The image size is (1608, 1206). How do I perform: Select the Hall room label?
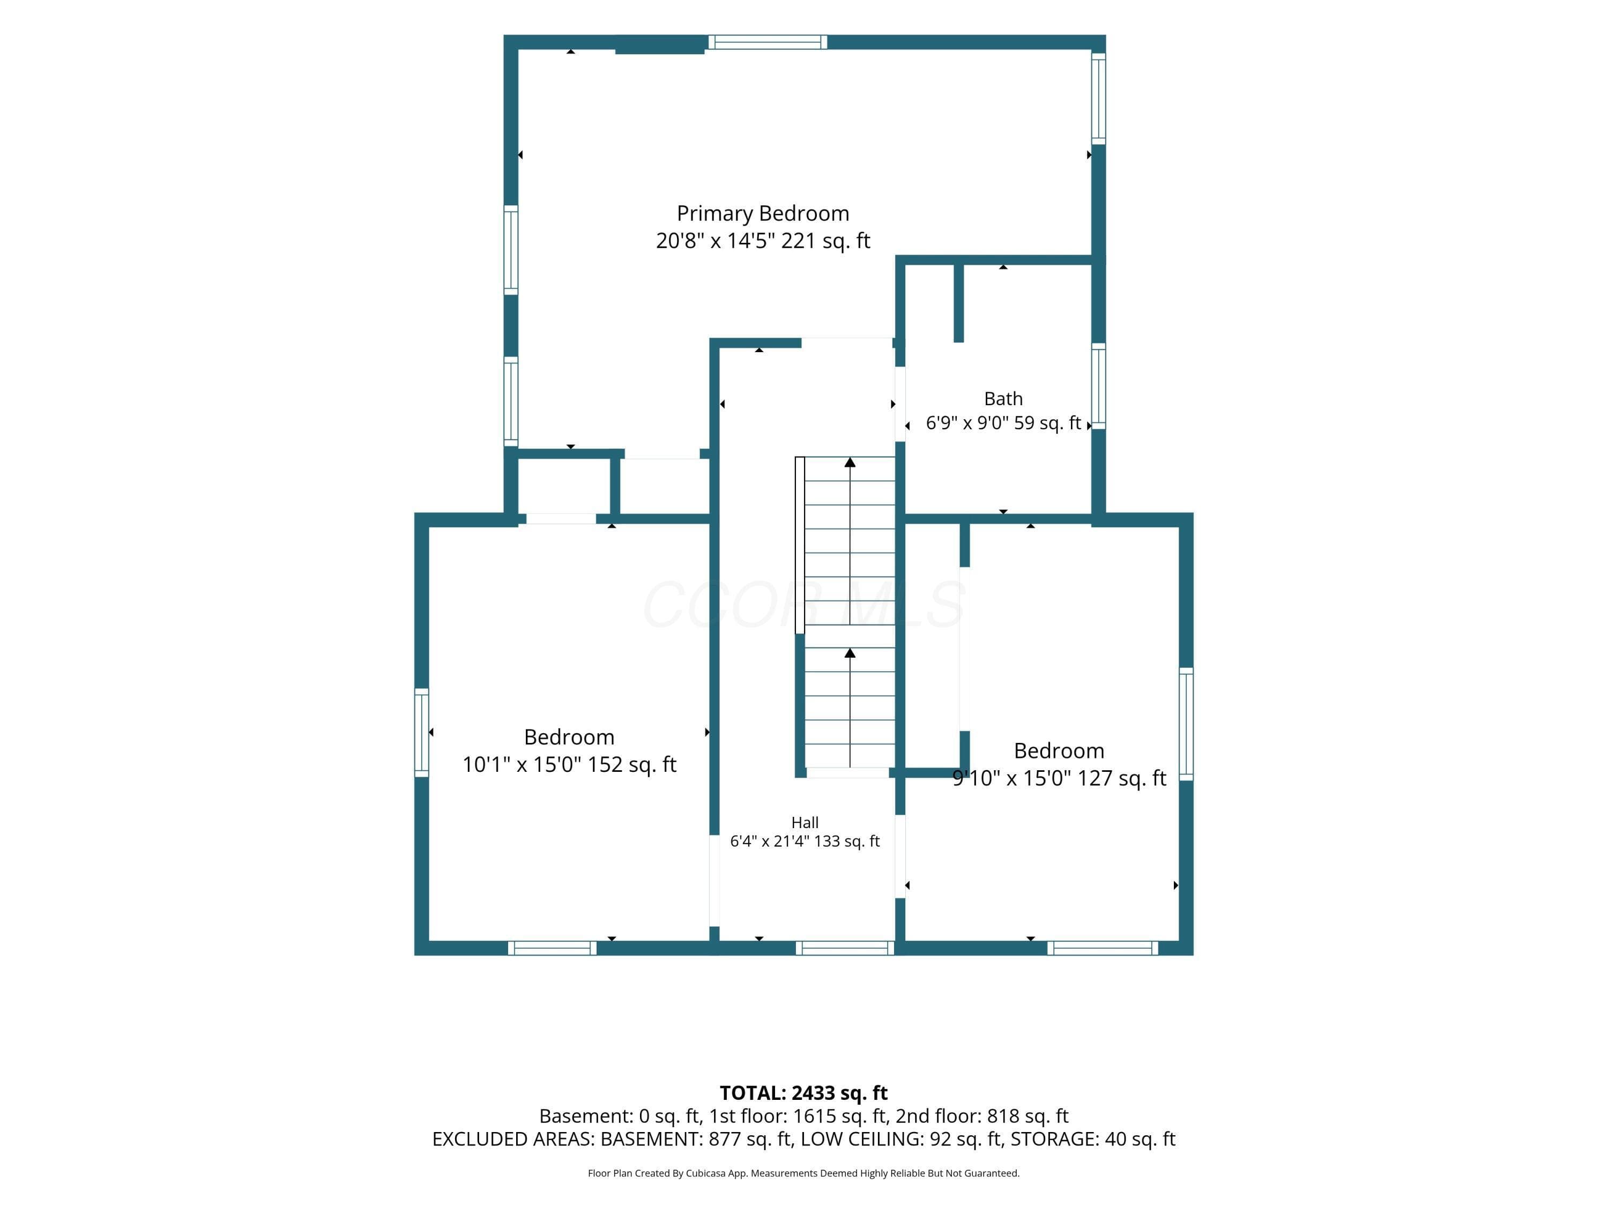[805, 822]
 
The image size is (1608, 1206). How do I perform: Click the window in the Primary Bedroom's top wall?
[768, 42]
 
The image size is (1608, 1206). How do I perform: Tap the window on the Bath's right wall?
[1098, 386]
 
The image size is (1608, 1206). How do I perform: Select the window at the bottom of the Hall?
[845, 948]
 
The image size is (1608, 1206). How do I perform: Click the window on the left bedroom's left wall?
[422, 733]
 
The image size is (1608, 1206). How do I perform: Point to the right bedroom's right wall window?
[1186, 724]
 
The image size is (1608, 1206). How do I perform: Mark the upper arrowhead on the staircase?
[850, 461]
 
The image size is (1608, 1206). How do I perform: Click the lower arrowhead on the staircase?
[850, 653]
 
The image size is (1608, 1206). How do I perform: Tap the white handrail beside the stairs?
[800, 545]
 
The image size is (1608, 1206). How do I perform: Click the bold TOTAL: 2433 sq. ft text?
[803, 1092]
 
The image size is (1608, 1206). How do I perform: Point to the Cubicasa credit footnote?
[803, 1173]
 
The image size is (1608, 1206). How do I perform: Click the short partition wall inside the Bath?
[959, 302]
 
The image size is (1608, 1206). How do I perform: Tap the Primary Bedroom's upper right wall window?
[1098, 98]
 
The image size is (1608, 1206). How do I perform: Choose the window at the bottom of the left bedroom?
[553, 948]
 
